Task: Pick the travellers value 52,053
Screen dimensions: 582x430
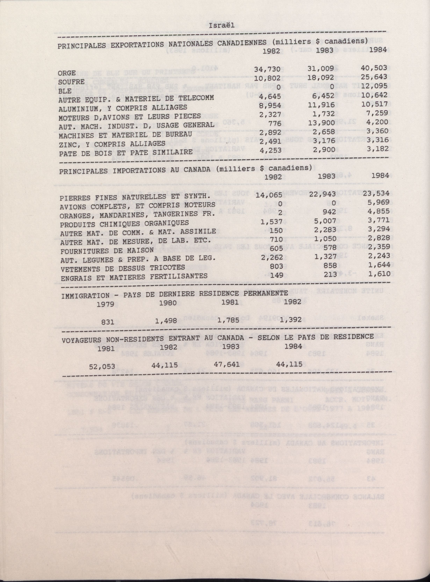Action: tap(102, 366)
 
